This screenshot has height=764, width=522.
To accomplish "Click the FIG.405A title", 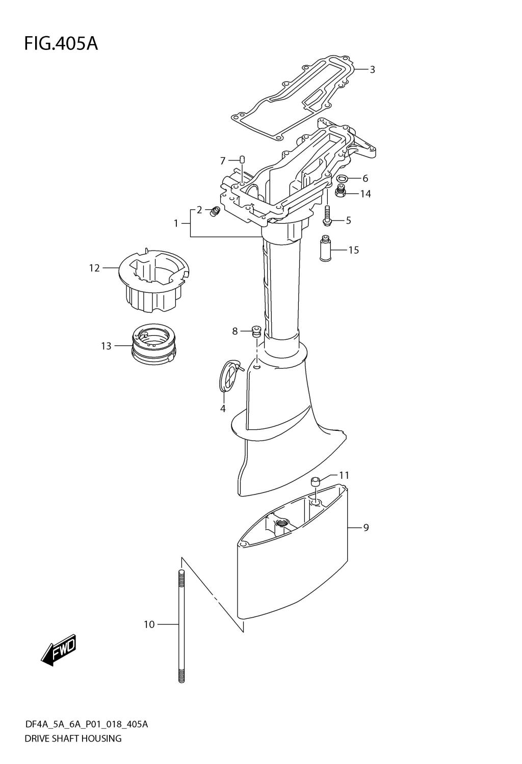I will [x=61, y=44].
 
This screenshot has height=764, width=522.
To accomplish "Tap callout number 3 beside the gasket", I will [x=373, y=70].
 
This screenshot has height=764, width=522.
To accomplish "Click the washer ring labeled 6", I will [x=343, y=178].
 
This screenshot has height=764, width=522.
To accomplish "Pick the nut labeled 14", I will [x=341, y=192].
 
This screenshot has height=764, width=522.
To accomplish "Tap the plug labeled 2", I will [x=215, y=210].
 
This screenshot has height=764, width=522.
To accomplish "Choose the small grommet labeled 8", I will [x=257, y=331].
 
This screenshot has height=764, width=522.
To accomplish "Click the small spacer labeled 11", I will [x=315, y=481].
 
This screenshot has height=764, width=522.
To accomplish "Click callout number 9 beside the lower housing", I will [x=366, y=528].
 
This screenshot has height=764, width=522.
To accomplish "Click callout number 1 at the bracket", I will [x=176, y=223].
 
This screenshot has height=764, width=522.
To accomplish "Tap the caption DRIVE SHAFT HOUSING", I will [x=73, y=738].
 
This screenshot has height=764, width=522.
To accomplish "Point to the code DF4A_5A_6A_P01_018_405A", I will [x=86, y=724].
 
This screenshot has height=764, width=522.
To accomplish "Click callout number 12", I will [x=94, y=267].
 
